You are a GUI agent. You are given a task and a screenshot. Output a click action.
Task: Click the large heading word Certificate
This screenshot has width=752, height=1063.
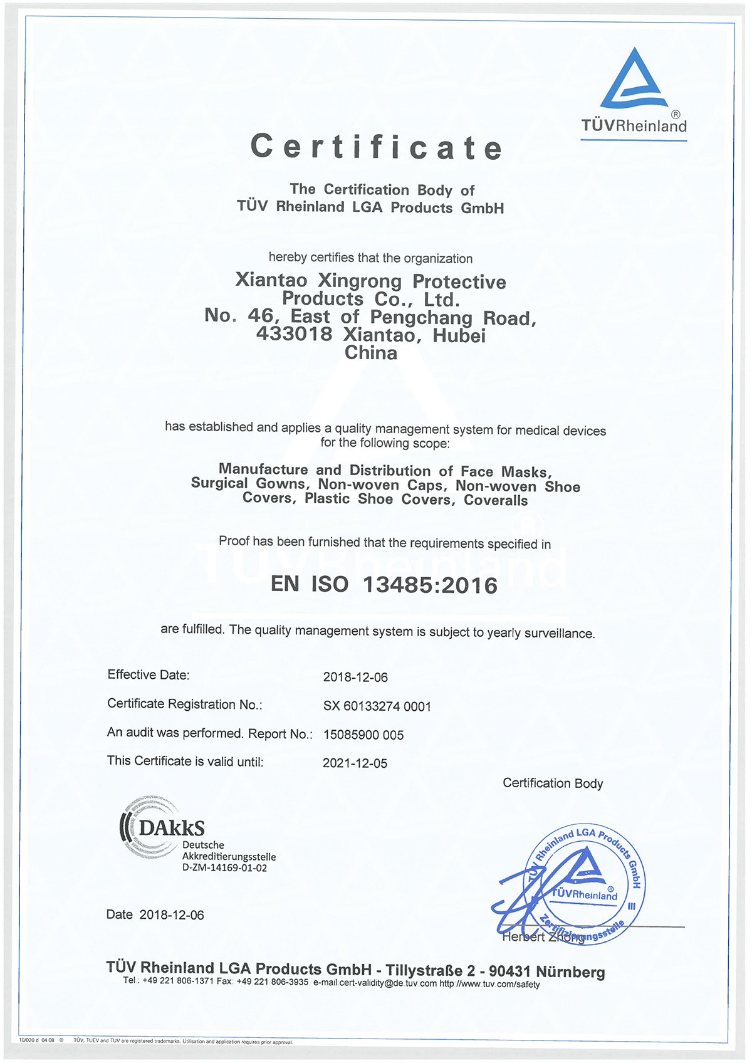[x=377, y=147]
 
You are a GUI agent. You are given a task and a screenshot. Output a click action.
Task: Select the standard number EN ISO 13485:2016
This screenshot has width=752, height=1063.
[x=384, y=585]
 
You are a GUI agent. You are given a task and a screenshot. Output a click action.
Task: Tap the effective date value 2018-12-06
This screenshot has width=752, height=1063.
[x=355, y=678]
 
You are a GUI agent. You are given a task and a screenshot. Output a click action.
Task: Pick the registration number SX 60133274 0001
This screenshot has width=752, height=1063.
[x=377, y=706]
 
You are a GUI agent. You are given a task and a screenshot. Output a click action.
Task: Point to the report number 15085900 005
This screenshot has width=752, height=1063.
[x=363, y=735]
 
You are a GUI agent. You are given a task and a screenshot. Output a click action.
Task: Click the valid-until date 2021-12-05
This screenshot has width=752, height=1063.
[x=355, y=763]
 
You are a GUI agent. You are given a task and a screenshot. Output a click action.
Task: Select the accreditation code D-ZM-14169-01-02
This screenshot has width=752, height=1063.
[x=224, y=868]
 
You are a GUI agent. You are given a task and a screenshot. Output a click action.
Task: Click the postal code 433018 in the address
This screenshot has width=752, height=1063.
[x=294, y=334]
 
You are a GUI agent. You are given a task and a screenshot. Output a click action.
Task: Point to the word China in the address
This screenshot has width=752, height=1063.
[x=371, y=353]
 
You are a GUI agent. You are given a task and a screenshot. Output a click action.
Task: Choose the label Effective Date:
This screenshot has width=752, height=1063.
[x=149, y=675]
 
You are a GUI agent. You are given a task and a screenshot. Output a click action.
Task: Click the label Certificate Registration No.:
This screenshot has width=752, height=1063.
[x=185, y=704]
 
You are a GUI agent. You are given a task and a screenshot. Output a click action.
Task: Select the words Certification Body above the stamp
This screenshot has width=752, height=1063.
[x=553, y=783]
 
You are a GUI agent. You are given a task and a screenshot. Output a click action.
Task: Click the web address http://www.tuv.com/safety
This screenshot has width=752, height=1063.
[x=489, y=984]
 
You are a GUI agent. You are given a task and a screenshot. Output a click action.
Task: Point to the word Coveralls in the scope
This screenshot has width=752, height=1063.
[x=496, y=500]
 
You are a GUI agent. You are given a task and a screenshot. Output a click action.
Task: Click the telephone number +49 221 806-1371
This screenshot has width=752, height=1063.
[x=178, y=981]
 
